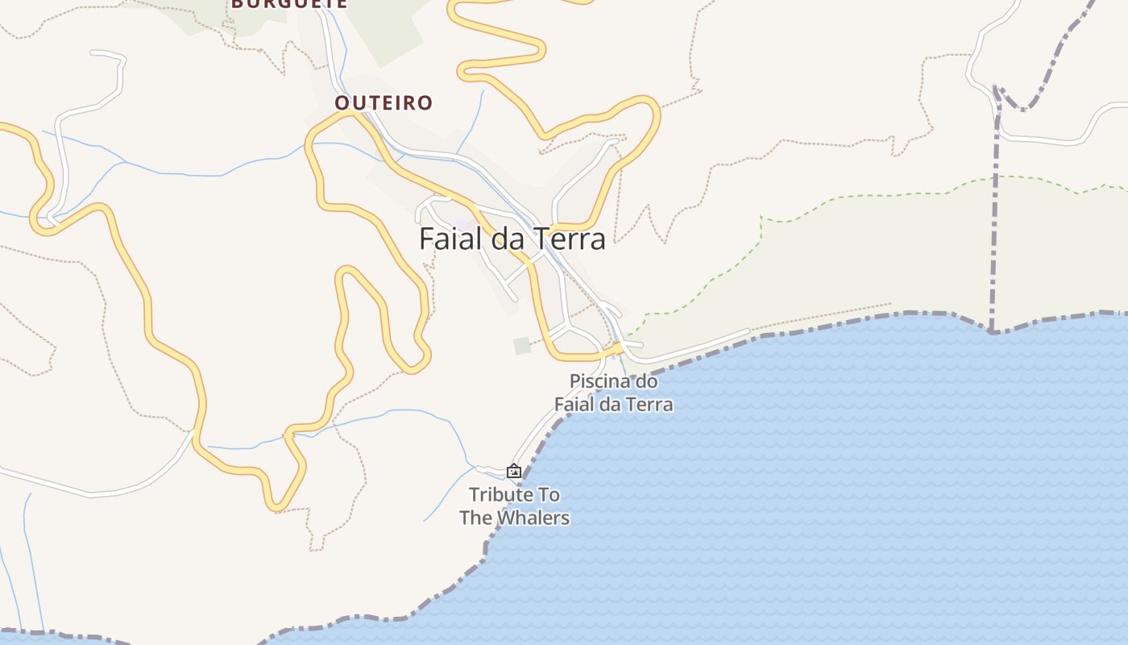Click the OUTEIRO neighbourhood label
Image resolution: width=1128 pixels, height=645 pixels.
click(x=384, y=103)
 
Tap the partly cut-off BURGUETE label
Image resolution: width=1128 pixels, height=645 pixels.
click(x=289, y=3)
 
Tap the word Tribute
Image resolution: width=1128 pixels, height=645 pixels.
click(x=503, y=494)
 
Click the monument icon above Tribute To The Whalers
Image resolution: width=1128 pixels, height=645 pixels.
click(x=514, y=471)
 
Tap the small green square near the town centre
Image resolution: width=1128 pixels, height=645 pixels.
click(x=523, y=345)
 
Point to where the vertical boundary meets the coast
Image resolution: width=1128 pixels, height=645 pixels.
click(x=992, y=330)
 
